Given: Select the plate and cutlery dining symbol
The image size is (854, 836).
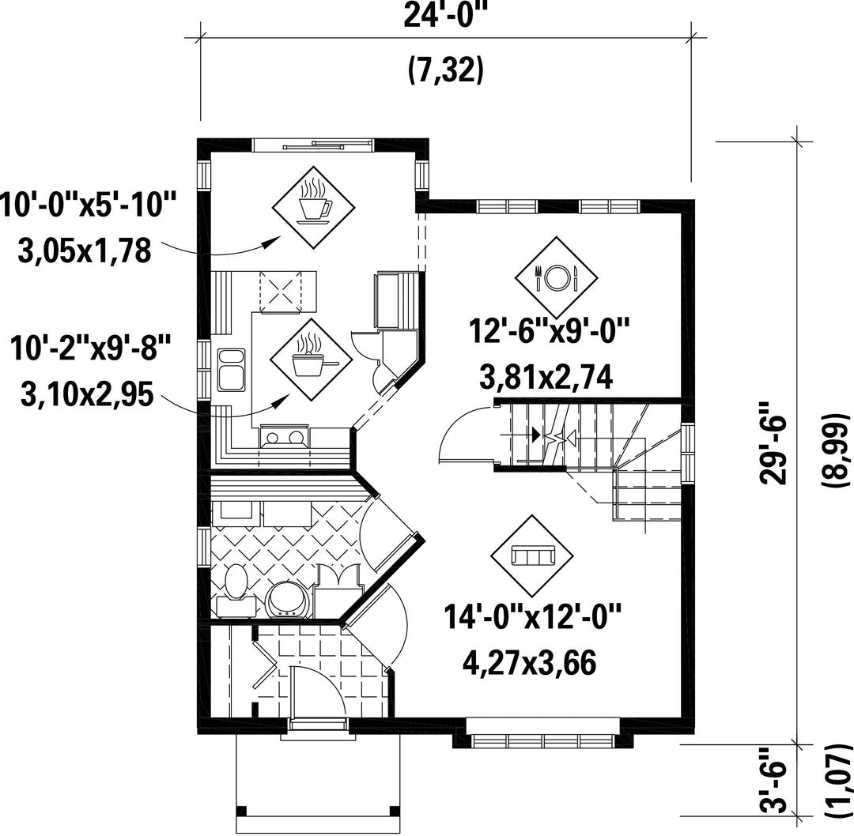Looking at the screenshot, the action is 556,277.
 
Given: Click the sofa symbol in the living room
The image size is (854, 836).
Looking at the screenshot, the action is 532,556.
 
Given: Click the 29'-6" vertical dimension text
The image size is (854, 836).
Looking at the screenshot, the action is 773,442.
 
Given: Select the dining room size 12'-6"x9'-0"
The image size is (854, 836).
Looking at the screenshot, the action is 549,331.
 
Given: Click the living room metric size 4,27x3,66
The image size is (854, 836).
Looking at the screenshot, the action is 529,662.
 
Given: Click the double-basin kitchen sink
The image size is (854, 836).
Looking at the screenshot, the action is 232,370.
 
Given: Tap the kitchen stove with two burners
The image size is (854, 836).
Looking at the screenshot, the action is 282,436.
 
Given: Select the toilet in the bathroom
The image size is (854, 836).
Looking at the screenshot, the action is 289,599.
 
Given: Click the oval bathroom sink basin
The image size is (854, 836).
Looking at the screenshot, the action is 236,582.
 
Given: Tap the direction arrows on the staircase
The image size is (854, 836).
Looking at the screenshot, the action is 554,435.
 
